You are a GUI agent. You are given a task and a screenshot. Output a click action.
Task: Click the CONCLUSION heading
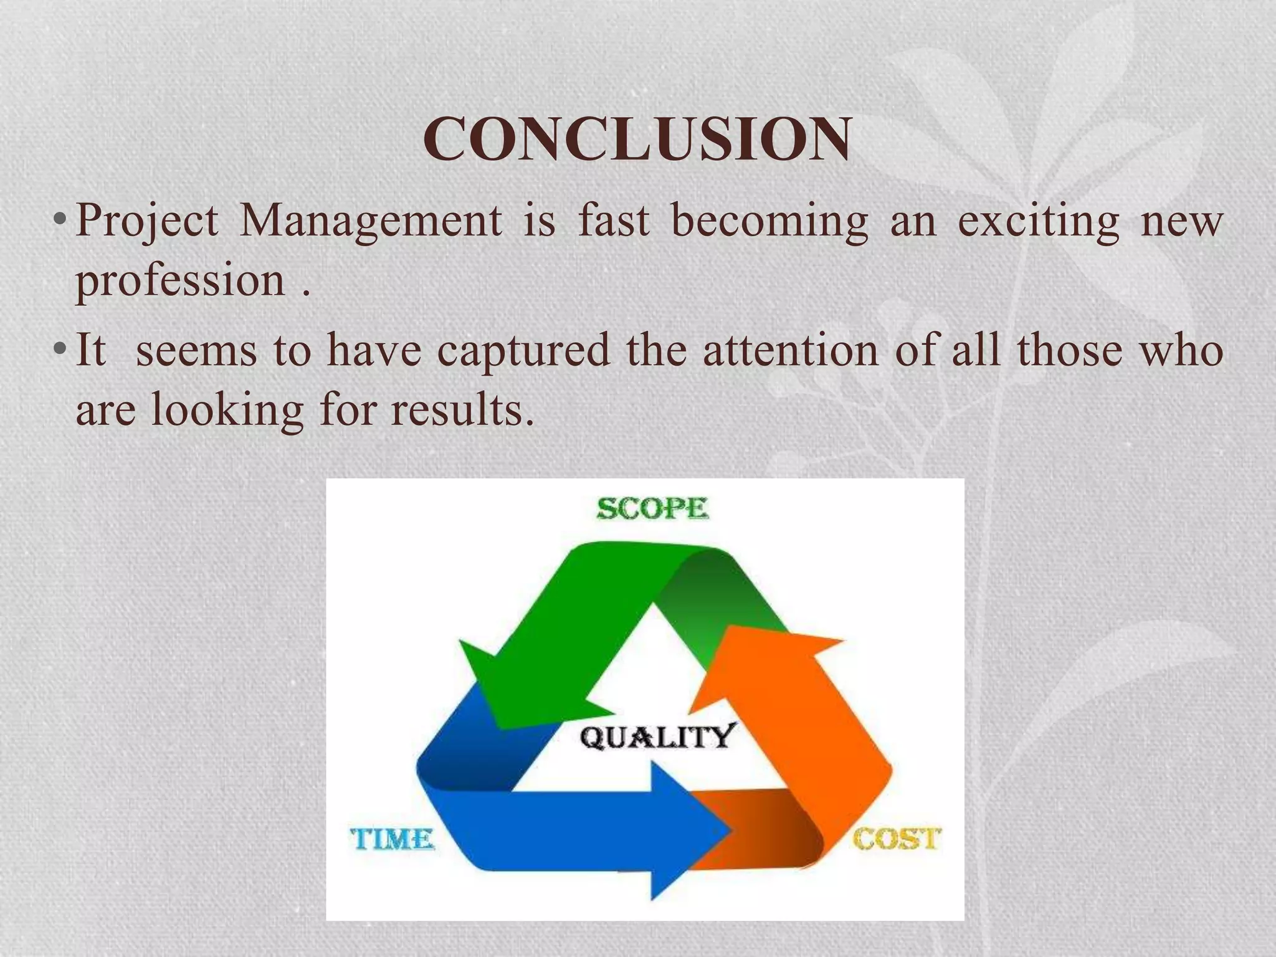[637, 139]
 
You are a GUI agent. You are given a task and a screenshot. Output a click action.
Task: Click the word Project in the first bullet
[147, 222]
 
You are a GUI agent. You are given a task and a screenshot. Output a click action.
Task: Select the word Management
[371, 222]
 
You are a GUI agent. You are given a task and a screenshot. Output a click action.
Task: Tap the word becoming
[769, 222]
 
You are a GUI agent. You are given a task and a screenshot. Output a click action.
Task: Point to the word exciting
[1038, 221]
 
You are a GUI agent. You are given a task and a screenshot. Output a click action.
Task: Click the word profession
[181, 282]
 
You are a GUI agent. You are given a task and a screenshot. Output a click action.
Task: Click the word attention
[791, 350]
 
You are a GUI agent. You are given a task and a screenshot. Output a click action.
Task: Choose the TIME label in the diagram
[392, 839]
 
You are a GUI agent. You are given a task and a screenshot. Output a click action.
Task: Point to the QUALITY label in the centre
[658, 737]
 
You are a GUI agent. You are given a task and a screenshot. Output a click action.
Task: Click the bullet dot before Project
[59, 222]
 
